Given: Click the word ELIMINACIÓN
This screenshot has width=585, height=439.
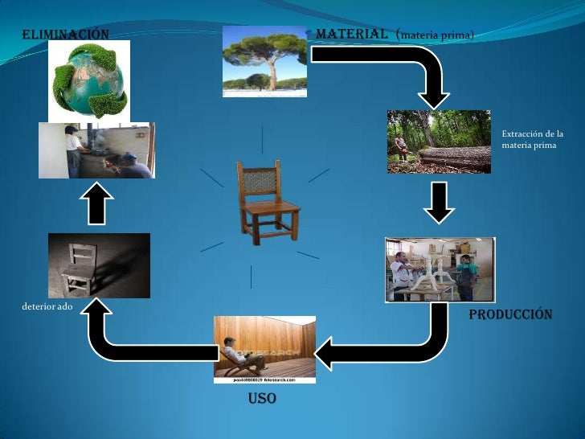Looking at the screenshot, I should pyautogui.click(x=64, y=35).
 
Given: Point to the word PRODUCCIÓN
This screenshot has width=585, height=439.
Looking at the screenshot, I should pyautogui.click(x=510, y=314).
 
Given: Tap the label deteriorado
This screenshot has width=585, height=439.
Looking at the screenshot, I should pyautogui.click(x=45, y=306).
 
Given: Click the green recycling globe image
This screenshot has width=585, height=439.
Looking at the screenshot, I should pyautogui.click(x=89, y=80).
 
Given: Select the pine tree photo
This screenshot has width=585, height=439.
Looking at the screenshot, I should pyautogui.click(x=264, y=61).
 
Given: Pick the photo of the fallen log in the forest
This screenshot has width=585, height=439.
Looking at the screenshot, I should pyautogui.click(x=438, y=142).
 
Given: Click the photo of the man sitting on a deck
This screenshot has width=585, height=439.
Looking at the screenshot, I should pyautogui.click(x=264, y=348).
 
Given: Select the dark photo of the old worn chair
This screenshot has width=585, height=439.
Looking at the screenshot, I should pyautogui.click(x=99, y=265).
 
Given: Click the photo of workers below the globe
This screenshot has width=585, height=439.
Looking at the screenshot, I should pyautogui.click(x=96, y=150).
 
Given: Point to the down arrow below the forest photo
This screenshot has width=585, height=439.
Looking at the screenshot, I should pyautogui.click(x=438, y=203).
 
